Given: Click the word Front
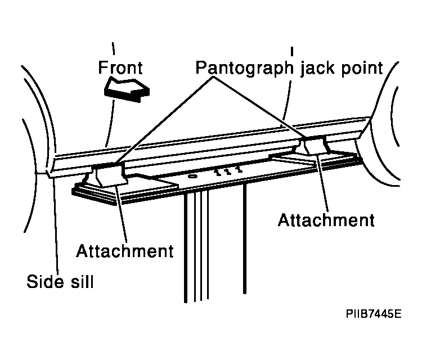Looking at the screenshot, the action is pyautogui.click(x=120, y=67).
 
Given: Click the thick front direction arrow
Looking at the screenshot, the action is pyautogui.click(x=127, y=89).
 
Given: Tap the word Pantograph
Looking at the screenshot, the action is pyautogui.click(x=244, y=68).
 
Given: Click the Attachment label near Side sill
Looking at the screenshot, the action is pyautogui.click(x=125, y=251).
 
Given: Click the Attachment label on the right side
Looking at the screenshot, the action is pyautogui.click(x=326, y=220).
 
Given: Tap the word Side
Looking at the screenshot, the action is pyautogui.click(x=46, y=281).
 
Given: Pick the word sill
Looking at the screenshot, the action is pyautogui.click(x=82, y=281).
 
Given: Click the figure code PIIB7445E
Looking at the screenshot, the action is pyautogui.click(x=374, y=314).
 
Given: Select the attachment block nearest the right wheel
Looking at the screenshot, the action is pyautogui.click(x=315, y=145).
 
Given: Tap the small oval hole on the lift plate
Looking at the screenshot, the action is pyautogui.click(x=192, y=176).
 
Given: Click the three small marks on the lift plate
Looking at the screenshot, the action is pyautogui.click(x=228, y=172).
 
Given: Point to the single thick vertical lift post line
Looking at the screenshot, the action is pyautogui.click(x=244, y=238).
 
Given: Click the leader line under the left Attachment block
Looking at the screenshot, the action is pyautogui.click(x=122, y=213).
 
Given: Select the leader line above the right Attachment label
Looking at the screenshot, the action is pyautogui.click(x=323, y=183).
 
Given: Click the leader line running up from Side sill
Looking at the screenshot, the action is pyautogui.click(x=56, y=225).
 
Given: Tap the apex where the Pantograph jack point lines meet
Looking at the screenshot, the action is pyautogui.click(x=214, y=77).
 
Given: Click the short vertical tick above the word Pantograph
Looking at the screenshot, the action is pyautogui.click(x=292, y=52).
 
